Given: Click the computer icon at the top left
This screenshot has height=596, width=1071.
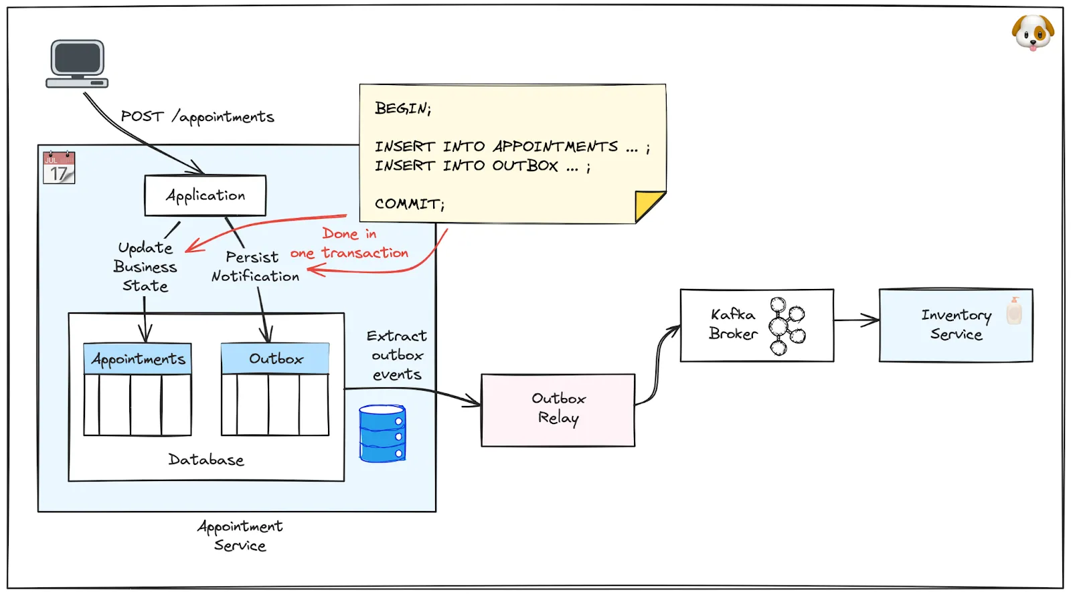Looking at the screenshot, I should click(x=78, y=64).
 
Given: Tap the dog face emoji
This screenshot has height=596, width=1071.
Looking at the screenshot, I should click(x=1032, y=32).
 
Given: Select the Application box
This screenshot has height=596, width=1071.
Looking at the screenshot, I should click(x=205, y=195).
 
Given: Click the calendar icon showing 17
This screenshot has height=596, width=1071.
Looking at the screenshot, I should click(x=59, y=168).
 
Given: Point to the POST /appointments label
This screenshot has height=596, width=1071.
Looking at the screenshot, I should click(x=197, y=116).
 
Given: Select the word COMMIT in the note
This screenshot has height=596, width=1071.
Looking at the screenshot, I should click(x=409, y=203).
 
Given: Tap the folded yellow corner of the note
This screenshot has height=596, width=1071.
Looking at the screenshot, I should click(x=648, y=204).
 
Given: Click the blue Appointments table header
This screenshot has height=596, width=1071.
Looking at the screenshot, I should click(x=138, y=359).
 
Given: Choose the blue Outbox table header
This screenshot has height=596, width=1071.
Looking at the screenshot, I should click(x=275, y=359).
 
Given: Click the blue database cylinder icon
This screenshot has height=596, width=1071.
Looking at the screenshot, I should click(x=382, y=433).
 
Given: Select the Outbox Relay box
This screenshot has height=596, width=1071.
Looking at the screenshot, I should click(x=558, y=409).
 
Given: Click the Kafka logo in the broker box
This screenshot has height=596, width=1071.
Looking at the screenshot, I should click(x=786, y=326).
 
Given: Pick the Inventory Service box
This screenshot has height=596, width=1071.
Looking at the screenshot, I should click(x=955, y=325).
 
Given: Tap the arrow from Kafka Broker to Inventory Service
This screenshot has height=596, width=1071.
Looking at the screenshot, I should click(x=856, y=320).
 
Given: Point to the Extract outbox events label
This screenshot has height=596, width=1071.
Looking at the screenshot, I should click(x=397, y=355).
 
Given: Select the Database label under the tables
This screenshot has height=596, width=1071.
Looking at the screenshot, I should click(x=206, y=460).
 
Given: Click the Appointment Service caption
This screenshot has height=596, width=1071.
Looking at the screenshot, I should click(x=240, y=536).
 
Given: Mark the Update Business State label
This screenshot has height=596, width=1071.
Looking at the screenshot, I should click(x=145, y=267).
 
